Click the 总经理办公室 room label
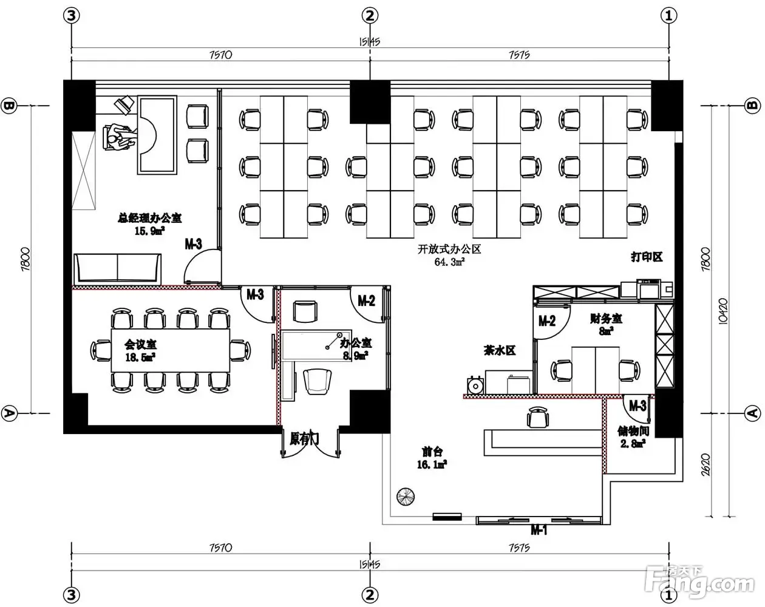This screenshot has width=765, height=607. coord(149,218)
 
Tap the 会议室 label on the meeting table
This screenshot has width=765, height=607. coord(140,344)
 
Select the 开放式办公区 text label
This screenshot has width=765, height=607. coord(449,249)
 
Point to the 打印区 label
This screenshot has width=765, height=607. coord(647,257)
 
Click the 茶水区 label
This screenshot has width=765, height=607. coord(500,350)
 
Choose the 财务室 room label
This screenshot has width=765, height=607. coord(606,319)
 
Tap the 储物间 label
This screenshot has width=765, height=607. coord(633,431)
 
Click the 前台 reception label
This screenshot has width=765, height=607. coord(432,452)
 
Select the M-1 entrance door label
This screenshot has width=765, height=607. coord(539,531)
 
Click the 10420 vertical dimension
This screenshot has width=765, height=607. coord(723,311)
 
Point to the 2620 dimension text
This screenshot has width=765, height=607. coord(705,464)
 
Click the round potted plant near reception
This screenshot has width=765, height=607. coord(406,497)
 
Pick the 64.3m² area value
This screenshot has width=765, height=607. coord(449,262)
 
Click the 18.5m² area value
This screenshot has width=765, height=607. coord(140,357)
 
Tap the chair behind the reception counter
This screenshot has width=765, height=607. coord(537,417)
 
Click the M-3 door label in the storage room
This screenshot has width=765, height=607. coord(637,405)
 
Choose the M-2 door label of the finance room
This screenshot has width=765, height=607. coord(547,321)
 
